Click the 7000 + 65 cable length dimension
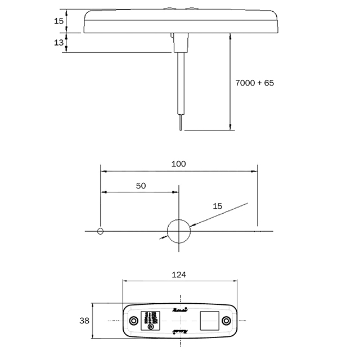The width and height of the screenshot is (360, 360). (x=254, y=83)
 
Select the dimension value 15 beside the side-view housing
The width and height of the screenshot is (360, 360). (x=59, y=21)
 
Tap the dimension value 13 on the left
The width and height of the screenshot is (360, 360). (x=59, y=43)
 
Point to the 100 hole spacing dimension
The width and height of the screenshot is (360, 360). (x=178, y=164)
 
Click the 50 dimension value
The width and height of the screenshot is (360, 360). (x=141, y=186)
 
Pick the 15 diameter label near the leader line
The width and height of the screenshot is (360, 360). (x=218, y=206)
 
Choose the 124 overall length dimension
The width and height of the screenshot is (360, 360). (x=178, y=274)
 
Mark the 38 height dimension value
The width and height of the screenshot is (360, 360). (x=84, y=321)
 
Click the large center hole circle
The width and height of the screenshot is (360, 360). (x=179, y=231)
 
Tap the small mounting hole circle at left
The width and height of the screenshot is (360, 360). (x=100, y=231)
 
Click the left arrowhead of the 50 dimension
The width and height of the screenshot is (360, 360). (x=103, y=192)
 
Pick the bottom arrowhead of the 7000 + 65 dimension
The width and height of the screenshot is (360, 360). (x=231, y=127)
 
